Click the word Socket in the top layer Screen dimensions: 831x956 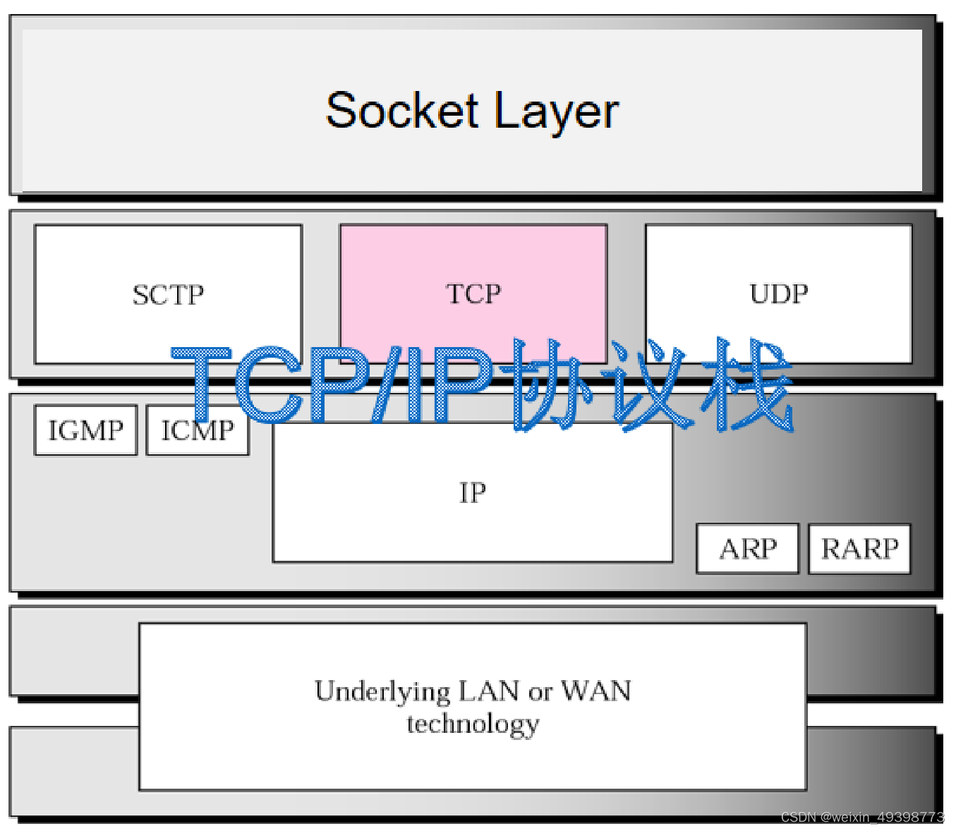[401, 111]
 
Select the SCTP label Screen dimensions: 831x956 [168, 295]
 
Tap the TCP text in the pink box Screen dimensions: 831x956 [473, 293]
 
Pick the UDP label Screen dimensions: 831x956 [778, 293]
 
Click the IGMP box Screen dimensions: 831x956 [85, 430]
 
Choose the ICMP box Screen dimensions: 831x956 [198, 430]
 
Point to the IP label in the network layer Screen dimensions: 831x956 [472, 492]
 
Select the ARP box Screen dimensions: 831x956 [747, 549]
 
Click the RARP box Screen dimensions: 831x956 [859, 549]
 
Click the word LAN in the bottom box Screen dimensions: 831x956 [489, 691]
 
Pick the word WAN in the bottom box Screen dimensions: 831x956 [596, 691]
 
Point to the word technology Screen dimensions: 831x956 [473, 724]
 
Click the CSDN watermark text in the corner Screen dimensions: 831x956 [861, 817]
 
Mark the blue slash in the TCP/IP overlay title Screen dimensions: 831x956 [390, 385]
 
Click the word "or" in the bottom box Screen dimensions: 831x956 [540, 693]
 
